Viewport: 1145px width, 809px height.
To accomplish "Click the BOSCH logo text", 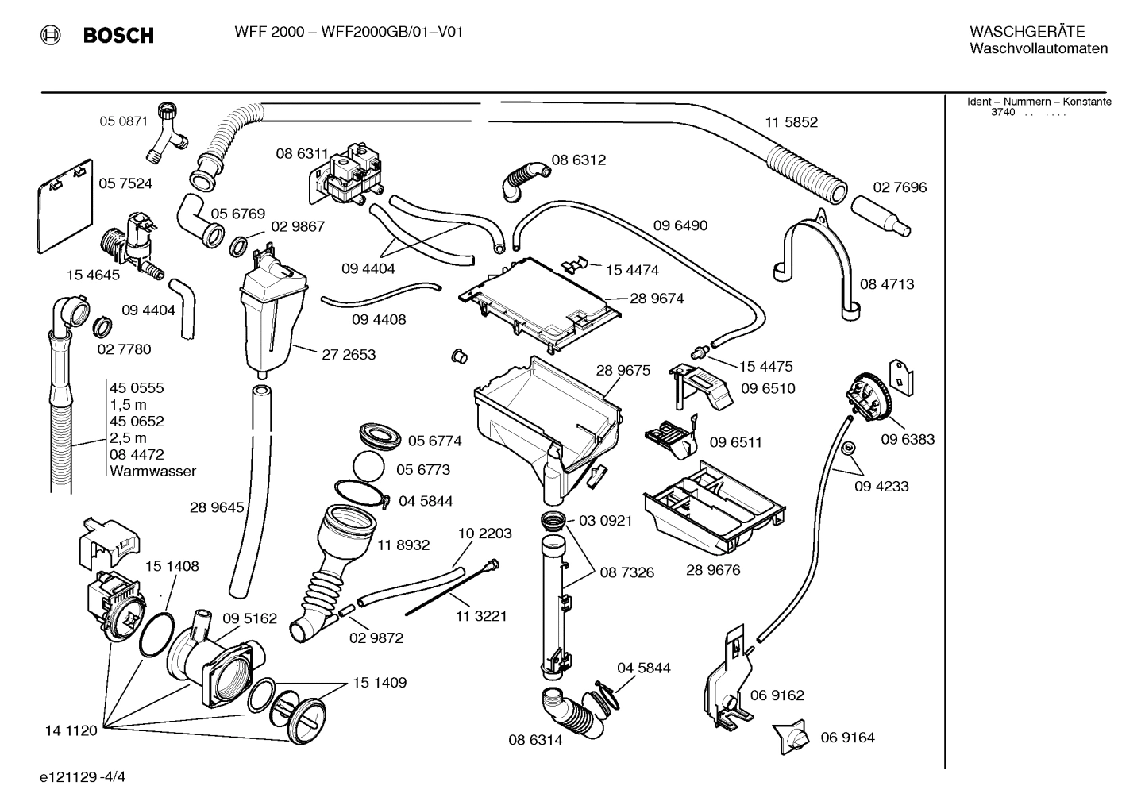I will click(x=118, y=35).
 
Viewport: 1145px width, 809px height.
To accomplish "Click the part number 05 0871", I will click(x=123, y=121).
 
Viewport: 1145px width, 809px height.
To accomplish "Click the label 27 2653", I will click(x=349, y=354).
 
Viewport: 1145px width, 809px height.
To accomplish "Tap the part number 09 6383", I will click(x=908, y=439).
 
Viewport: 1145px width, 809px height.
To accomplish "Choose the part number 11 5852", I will click(x=791, y=122).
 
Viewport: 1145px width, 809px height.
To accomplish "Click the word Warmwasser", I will click(x=152, y=471).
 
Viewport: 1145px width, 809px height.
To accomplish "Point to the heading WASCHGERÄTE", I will click(x=1027, y=31).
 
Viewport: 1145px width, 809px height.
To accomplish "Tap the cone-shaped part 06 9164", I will click(x=790, y=738).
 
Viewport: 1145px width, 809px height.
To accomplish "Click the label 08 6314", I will click(x=535, y=740).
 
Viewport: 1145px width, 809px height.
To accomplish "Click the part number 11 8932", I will click(x=403, y=545).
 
